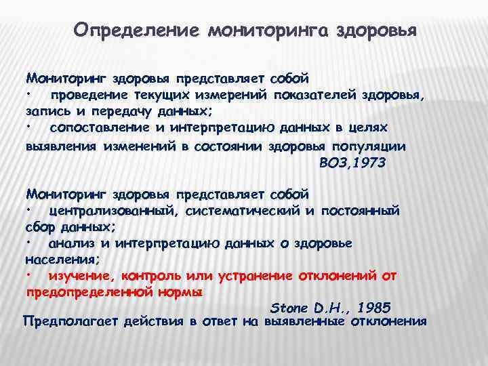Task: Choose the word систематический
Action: coord(242,211)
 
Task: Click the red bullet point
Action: coord(30,276)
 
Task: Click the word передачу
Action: coord(127,111)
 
